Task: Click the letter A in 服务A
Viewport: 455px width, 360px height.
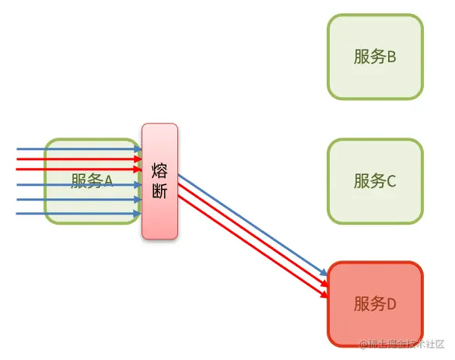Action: click(109, 181)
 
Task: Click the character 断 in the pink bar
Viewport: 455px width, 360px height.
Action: click(159, 192)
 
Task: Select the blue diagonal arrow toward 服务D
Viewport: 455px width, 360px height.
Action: click(249, 225)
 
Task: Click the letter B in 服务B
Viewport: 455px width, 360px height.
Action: click(391, 57)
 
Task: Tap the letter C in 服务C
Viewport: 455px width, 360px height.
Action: click(391, 181)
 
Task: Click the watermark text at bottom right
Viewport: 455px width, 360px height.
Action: click(401, 344)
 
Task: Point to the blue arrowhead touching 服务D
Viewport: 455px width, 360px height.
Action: click(324, 274)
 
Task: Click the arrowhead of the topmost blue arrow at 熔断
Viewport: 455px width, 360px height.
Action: click(138, 148)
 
